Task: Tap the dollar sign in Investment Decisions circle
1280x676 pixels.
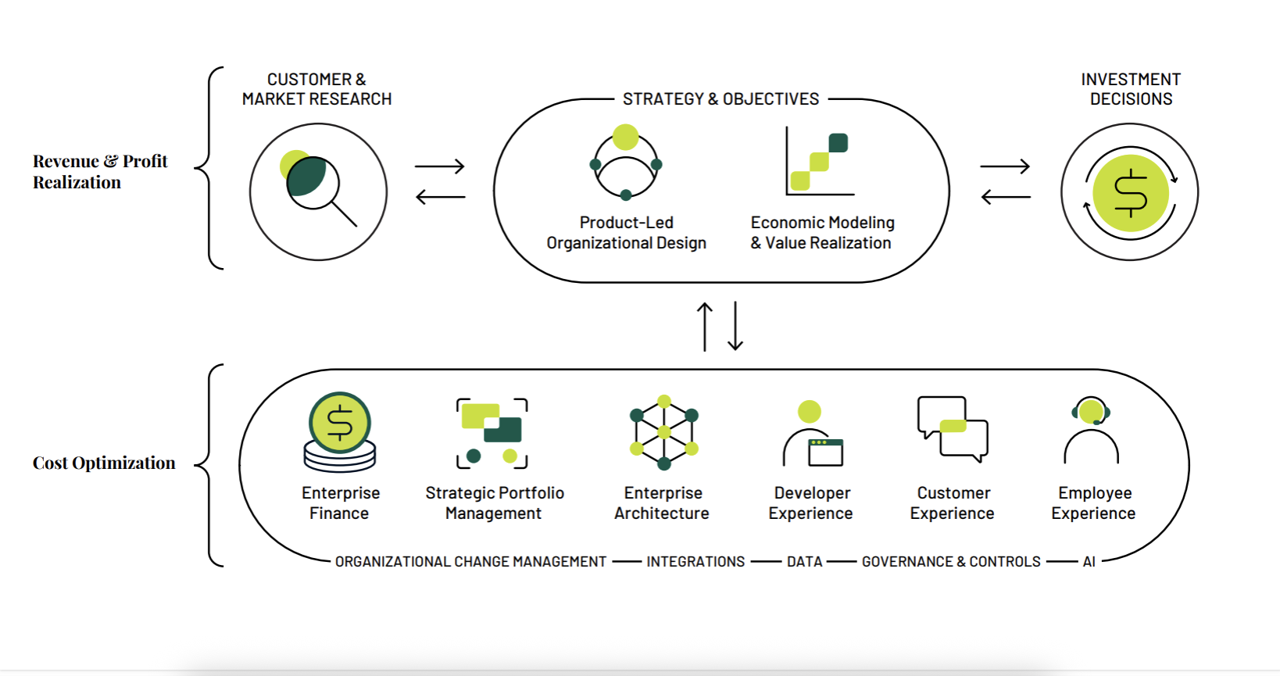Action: coord(1130,193)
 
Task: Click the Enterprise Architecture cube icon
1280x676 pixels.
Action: coord(663,432)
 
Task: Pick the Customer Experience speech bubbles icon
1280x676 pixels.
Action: coord(953,428)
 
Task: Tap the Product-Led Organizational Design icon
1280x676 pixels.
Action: coord(626,163)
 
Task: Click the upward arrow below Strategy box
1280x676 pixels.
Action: coord(705,327)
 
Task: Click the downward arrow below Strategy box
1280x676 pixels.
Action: coord(735,327)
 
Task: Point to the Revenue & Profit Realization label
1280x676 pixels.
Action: coord(100,171)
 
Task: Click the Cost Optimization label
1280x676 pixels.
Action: coord(104,463)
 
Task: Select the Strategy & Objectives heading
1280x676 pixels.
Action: coord(720,99)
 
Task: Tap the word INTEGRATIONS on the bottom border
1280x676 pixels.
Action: coord(695,561)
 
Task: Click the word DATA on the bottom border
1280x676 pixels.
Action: coord(804,561)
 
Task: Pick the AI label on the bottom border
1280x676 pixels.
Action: coord(1089,561)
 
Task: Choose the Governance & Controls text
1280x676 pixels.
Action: coord(951,561)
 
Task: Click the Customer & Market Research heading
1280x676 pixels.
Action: coord(316,89)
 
